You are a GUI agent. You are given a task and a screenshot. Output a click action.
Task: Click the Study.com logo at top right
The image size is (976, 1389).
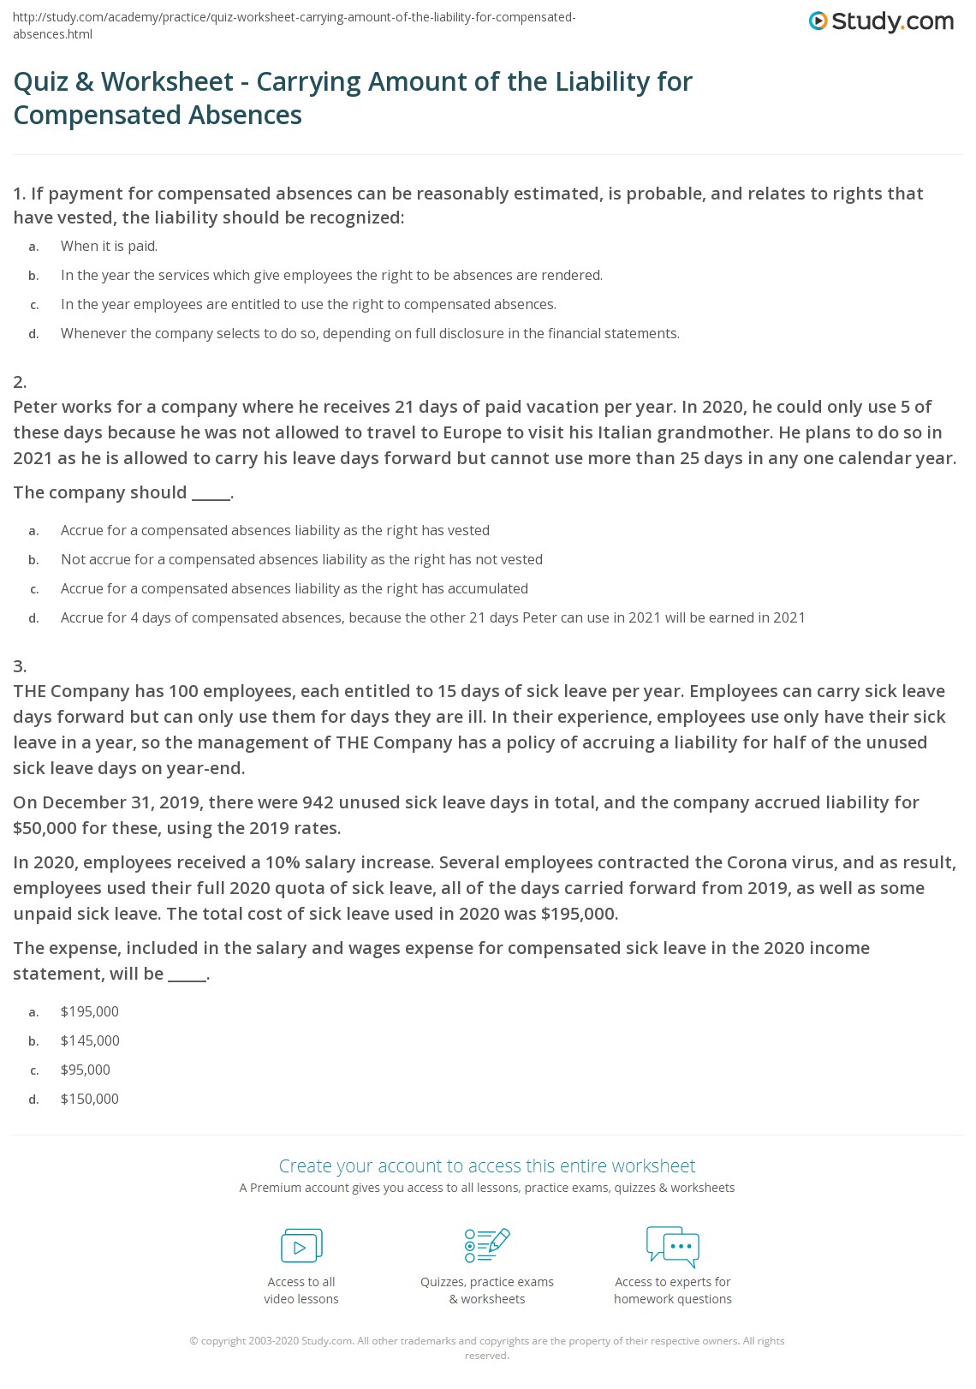[881, 21]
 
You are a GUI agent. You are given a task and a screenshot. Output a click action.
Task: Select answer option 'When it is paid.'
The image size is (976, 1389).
[109, 246]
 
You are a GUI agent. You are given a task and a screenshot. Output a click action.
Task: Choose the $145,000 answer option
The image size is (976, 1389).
[90, 1040]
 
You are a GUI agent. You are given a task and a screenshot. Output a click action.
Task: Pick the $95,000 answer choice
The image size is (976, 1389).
[86, 1070]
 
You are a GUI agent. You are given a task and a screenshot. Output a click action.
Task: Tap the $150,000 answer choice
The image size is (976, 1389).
[90, 1099]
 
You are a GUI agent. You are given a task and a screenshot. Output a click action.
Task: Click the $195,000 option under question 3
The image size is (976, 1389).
[90, 1011]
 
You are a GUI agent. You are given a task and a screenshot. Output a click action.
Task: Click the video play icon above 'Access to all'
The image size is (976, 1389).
[301, 1246]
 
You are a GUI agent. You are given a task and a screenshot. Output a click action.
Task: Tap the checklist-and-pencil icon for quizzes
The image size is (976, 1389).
[487, 1245]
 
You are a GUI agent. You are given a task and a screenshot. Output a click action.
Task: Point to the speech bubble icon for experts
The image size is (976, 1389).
[673, 1245]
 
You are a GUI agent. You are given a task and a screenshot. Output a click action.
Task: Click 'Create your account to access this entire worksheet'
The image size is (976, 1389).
[487, 1165]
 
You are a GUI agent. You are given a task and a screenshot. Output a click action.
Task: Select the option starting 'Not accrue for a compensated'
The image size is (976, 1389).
[301, 559]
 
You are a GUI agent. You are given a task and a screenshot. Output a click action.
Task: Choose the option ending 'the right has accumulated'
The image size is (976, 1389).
[295, 588]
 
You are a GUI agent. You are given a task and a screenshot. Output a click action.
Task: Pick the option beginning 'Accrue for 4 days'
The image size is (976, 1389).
[432, 617]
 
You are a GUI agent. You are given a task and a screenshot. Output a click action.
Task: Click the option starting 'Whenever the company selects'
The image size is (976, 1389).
[370, 333]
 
